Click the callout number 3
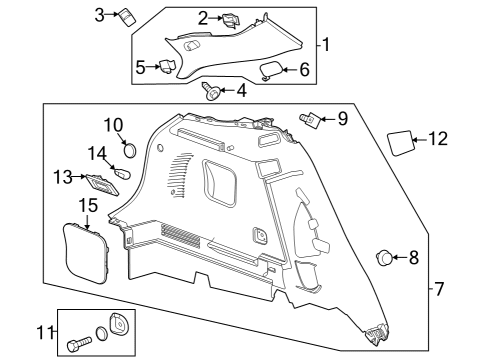click(99, 15)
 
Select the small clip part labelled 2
click(230, 20)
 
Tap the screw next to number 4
click(209, 91)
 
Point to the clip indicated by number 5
click(167, 66)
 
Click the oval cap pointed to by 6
click(271, 71)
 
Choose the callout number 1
click(326, 45)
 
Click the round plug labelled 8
click(385, 258)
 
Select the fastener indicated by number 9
click(310, 119)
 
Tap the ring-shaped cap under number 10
click(130, 150)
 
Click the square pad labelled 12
click(400, 143)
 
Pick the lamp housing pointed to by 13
click(103, 185)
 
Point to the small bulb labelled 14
click(123, 173)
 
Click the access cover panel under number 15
click(86, 254)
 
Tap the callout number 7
click(439, 288)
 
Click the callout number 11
click(45, 332)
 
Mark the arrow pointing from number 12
click(420, 140)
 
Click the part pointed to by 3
click(127, 17)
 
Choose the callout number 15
click(88, 205)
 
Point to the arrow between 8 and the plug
click(400, 257)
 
